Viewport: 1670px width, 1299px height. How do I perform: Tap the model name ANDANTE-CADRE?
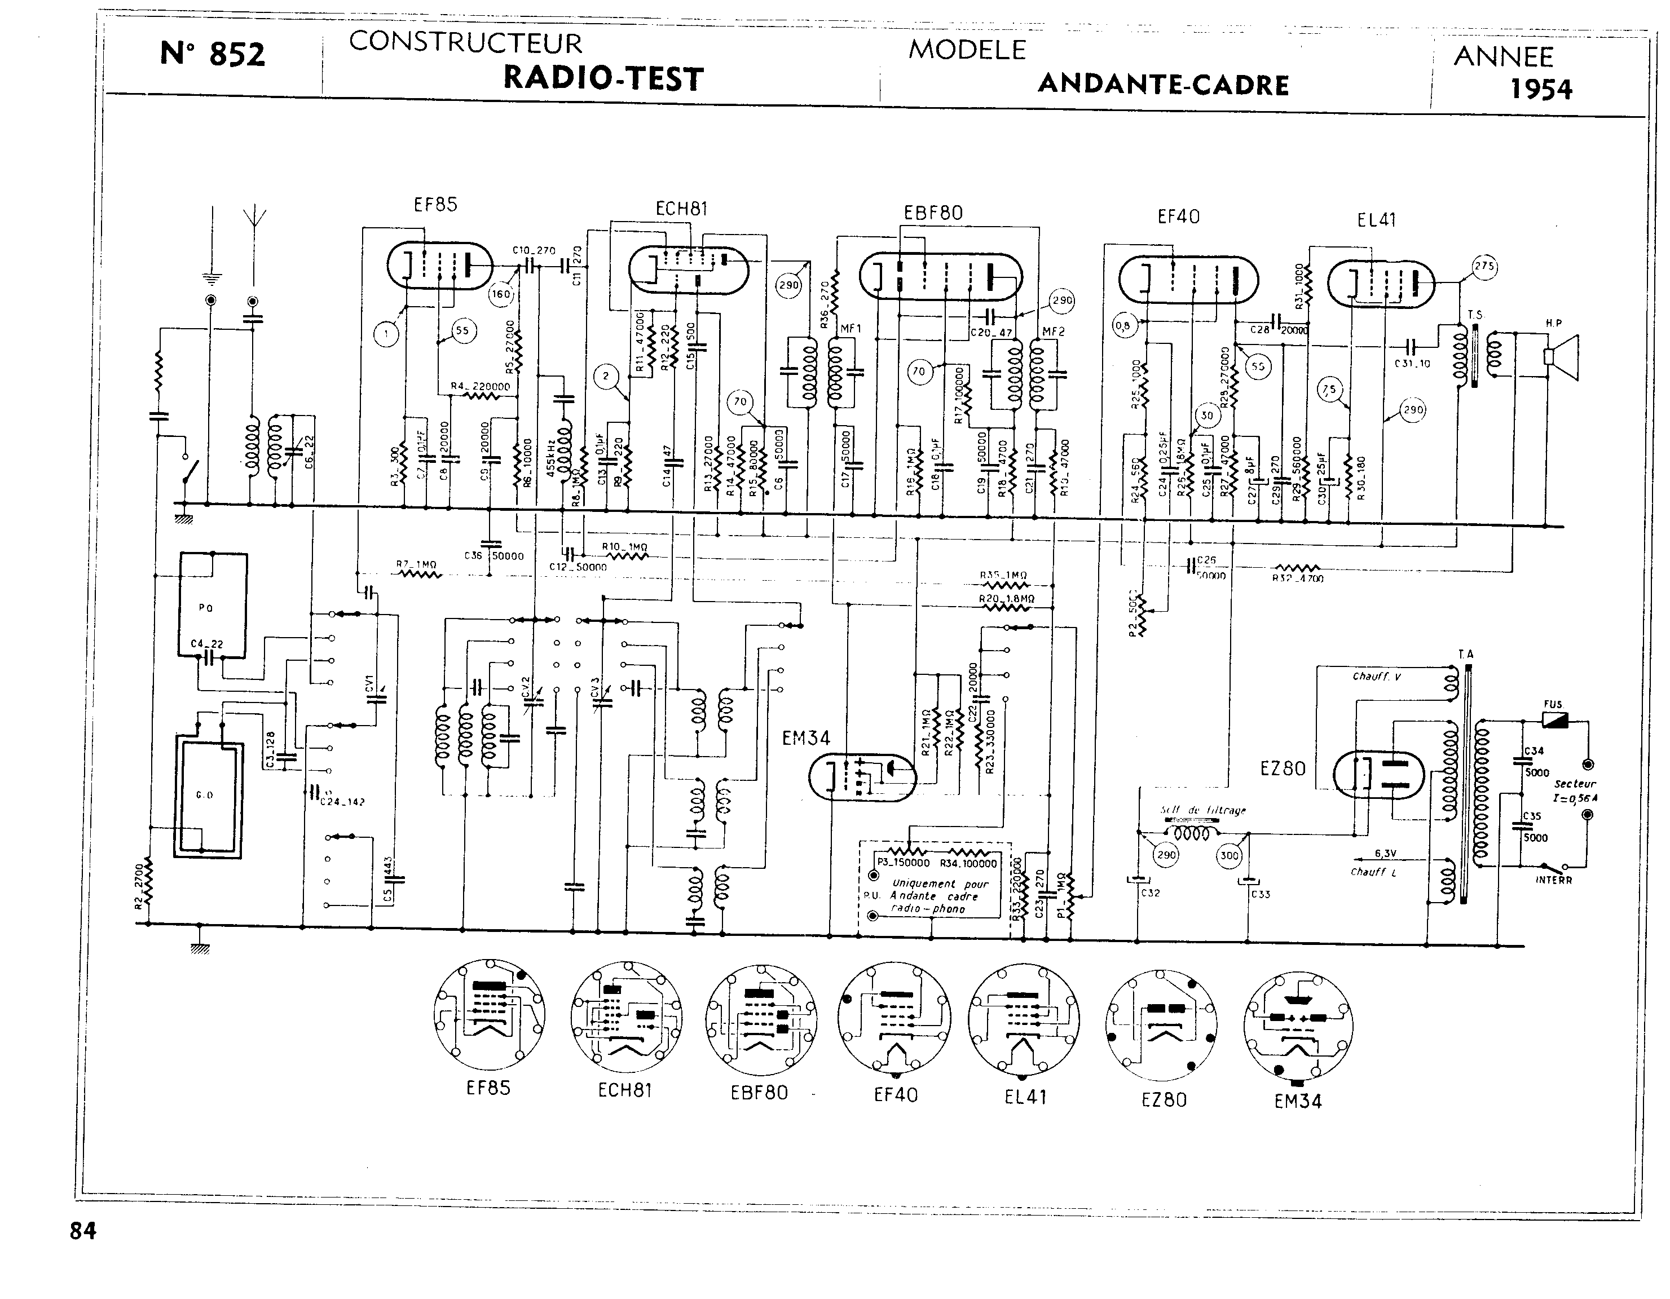click(1163, 85)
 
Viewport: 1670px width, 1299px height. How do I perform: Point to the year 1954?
click(1541, 90)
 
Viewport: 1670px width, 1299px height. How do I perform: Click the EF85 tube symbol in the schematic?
click(440, 266)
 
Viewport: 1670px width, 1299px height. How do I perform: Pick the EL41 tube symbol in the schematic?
click(1380, 283)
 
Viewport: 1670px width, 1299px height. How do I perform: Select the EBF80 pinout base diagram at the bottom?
click(761, 1020)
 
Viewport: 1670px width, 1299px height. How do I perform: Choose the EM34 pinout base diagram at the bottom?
click(1298, 1026)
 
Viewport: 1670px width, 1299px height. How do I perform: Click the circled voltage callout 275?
click(1484, 267)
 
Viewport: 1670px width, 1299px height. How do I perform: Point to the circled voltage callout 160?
click(501, 294)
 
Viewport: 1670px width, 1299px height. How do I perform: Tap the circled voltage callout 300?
click(1229, 855)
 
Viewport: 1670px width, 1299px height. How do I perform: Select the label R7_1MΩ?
click(417, 566)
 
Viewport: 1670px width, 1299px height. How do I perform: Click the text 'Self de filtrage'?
click(1203, 810)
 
